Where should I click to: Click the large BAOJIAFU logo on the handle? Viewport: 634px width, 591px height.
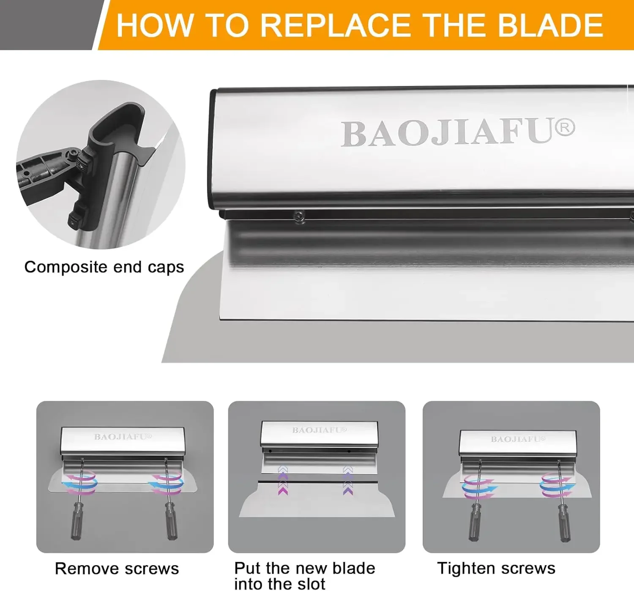coord(448,133)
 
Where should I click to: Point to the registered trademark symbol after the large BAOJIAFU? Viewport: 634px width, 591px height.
coord(565,128)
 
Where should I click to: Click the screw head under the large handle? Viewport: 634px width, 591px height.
coord(299,216)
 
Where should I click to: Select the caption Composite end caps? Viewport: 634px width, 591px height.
coord(104,267)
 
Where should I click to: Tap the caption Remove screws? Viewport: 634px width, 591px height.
coord(117,569)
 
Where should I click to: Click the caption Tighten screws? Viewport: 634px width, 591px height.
coord(496,568)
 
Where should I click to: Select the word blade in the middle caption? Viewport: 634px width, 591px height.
coord(353,568)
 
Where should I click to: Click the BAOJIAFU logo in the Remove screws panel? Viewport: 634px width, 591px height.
coord(123,437)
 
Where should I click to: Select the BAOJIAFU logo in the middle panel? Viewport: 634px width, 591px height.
coord(319,430)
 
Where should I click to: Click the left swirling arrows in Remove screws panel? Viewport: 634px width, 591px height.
coord(80,484)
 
